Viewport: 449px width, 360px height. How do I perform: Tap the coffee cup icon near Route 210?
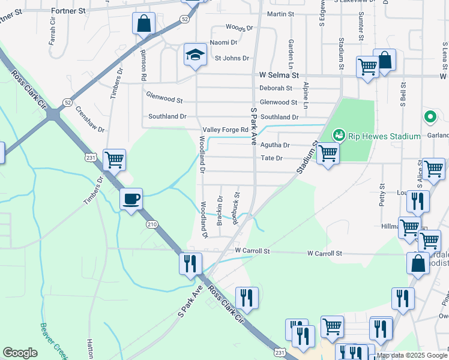131,199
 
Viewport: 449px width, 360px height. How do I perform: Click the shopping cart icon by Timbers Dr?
114,160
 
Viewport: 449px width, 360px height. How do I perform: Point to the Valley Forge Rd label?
226,130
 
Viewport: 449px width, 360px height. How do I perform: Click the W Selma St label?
279,76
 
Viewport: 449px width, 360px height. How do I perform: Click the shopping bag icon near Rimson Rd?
144,24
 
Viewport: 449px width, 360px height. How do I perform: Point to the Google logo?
20,353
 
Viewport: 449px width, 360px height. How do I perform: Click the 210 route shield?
151,224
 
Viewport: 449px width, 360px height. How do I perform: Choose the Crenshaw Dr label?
92,121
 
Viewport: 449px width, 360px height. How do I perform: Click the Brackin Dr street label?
220,210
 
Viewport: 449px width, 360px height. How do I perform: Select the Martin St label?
280,14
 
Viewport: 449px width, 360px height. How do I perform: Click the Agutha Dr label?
276,145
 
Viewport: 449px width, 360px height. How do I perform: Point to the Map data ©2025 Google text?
412,355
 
